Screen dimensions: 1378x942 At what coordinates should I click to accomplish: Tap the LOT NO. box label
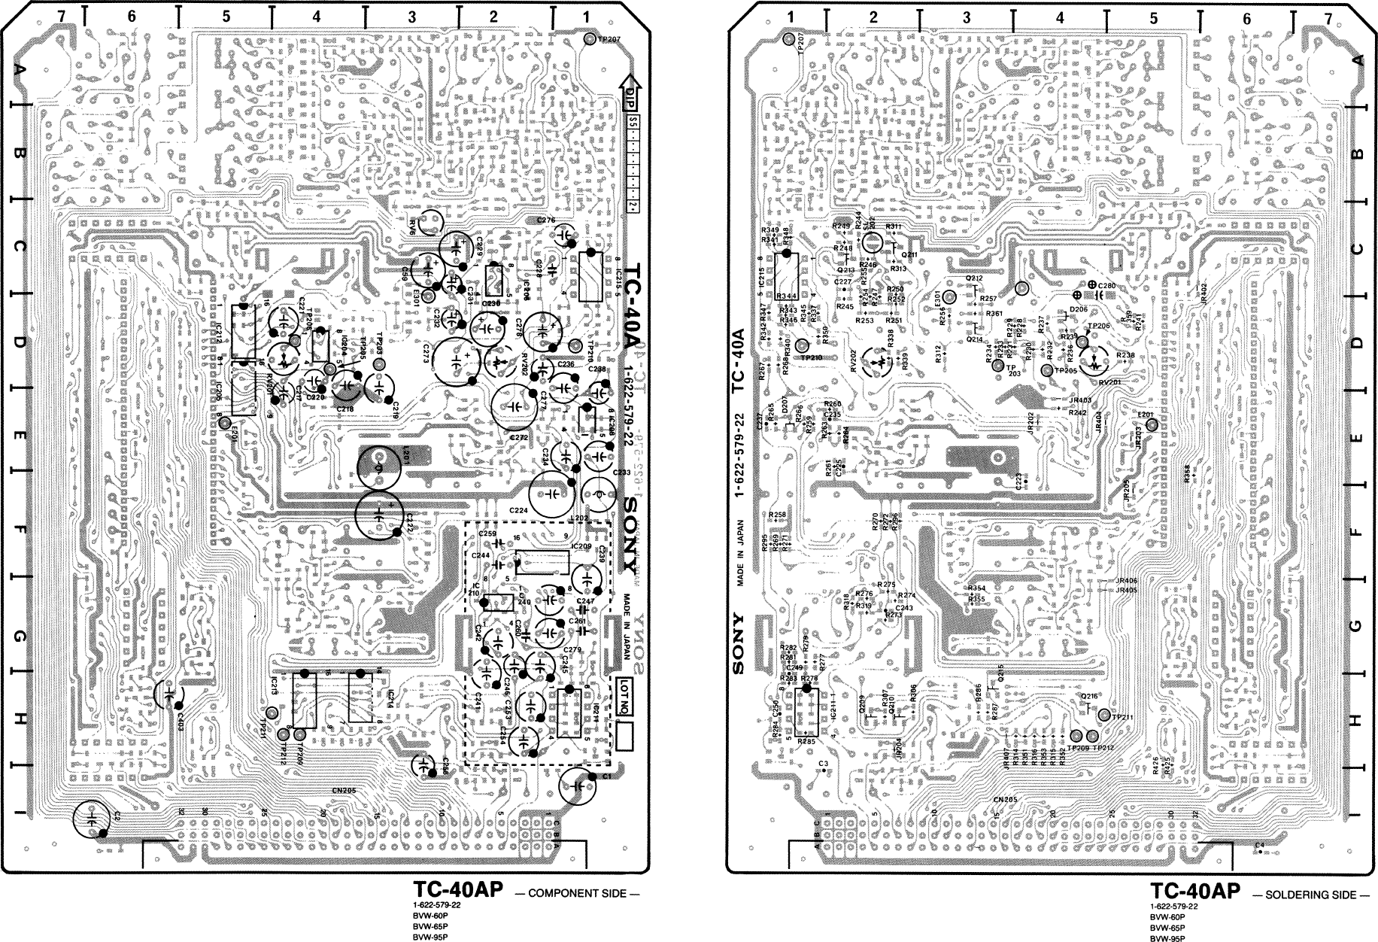coord(622,696)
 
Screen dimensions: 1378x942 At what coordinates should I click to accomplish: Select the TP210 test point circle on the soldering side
coord(802,345)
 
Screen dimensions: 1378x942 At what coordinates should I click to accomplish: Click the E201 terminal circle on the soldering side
coord(1152,427)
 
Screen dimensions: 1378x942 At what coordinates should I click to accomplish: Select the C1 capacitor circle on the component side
coord(578,785)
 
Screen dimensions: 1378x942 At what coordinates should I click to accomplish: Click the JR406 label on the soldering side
coord(1127,581)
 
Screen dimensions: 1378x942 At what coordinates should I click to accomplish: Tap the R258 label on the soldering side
coord(777,515)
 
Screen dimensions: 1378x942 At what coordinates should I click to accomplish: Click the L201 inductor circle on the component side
coord(379,468)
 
